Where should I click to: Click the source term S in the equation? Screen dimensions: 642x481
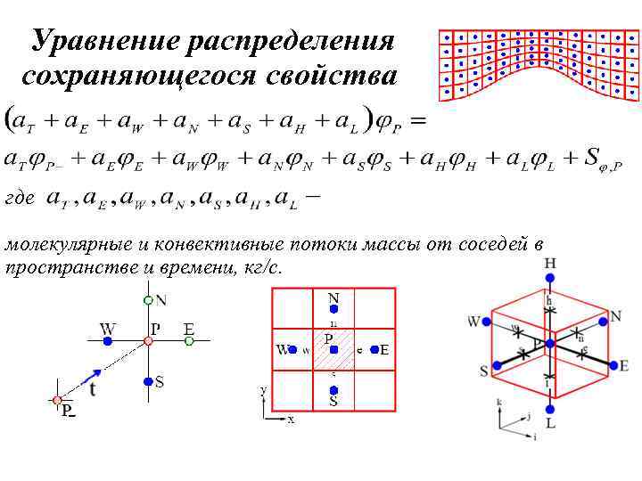(x=591, y=158)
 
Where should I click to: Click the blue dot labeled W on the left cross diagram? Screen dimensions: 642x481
(x=108, y=340)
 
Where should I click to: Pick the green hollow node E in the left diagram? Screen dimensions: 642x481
(x=189, y=340)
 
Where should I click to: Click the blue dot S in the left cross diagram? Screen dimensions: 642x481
(x=148, y=382)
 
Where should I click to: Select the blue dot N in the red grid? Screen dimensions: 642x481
(x=333, y=309)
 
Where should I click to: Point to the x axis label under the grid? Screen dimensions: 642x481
(x=291, y=418)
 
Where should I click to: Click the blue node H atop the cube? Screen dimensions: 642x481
(x=549, y=278)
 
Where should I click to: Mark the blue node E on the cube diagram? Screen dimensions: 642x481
(x=612, y=364)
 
